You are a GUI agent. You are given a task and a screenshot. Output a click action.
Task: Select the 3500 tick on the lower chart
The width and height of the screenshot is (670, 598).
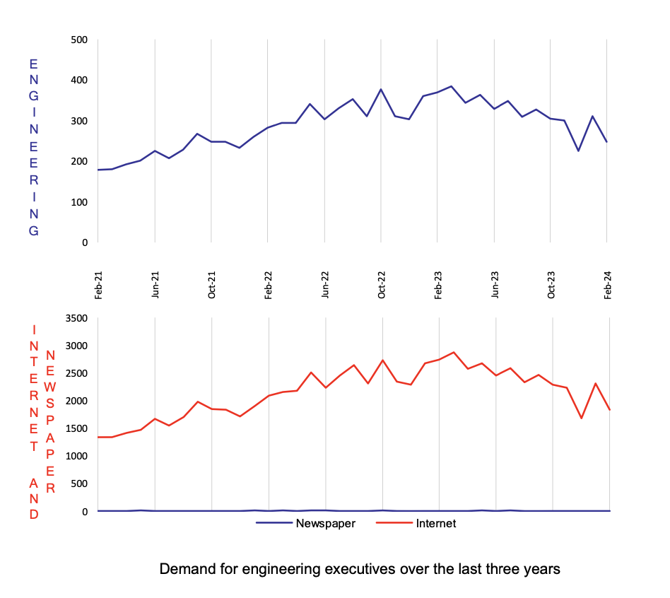[x=76, y=318]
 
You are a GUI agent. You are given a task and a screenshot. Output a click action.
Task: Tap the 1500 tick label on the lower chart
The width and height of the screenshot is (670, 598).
[x=76, y=428]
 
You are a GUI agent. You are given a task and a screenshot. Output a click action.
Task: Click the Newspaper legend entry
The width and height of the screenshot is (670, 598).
[x=305, y=524]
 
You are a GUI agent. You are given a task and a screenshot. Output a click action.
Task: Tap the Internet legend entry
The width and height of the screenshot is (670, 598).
[x=417, y=524]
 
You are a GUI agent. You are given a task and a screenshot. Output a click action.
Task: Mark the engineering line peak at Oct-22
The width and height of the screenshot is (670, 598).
[x=381, y=90]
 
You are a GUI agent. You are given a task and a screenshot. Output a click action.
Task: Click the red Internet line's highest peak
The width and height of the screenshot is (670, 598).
[x=454, y=352]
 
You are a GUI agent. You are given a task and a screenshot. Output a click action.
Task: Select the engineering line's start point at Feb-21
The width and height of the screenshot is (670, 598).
[x=98, y=170]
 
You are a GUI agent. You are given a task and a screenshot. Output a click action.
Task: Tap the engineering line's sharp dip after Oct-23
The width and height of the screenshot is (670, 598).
[x=578, y=151]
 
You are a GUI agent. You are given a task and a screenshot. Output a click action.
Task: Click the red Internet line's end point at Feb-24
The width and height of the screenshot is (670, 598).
[x=609, y=409]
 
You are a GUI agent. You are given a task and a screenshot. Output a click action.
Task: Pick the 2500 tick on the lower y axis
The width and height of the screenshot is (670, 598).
[x=76, y=373]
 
